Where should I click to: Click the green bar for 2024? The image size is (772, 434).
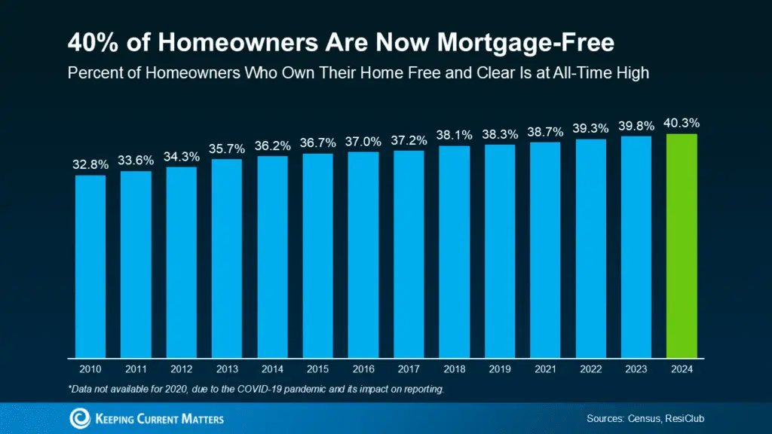pos(682,245)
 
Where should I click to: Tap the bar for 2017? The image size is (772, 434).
pos(409,253)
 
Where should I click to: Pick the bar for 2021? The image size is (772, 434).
pos(545,249)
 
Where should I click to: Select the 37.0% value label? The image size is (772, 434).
pos(363,141)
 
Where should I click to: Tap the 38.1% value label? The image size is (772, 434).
pos(454,135)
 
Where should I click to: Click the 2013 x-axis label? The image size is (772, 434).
pos(226,369)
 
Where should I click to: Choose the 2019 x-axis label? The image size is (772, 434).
pos(499,369)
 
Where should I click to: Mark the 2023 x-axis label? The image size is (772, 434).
pos(636,369)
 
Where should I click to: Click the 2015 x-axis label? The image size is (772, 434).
pos(317,369)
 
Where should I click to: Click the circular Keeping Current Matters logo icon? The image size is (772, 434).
pos(80,418)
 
